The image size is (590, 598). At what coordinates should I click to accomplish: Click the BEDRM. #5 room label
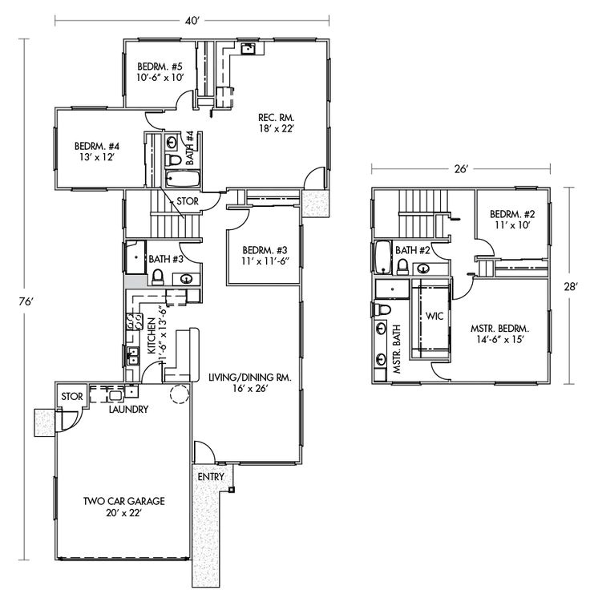click(160, 67)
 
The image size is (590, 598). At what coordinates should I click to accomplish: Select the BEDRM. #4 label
click(96, 147)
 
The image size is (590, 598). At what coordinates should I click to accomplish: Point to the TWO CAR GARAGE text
click(124, 502)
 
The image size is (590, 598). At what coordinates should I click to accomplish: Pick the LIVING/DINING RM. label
click(249, 377)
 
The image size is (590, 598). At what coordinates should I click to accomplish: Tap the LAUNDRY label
click(128, 410)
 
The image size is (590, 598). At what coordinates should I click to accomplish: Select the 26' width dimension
click(460, 169)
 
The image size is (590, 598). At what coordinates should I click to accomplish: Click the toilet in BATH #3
click(158, 277)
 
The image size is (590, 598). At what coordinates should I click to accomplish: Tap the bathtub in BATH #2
click(382, 258)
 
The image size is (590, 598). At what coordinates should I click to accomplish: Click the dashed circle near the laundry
click(179, 394)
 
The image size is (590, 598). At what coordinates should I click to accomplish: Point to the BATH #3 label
click(167, 259)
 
